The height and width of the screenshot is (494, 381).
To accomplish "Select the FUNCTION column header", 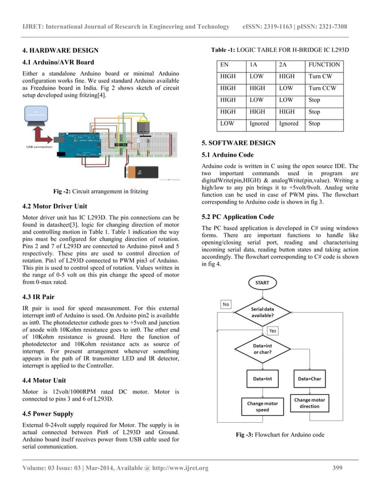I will [x=324, y=65].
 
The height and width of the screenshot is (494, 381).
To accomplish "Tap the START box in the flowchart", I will [x=262, y=282].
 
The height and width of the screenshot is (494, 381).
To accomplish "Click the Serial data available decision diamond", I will [x=262, y=312].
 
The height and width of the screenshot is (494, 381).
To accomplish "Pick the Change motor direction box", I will [x=309, y=403].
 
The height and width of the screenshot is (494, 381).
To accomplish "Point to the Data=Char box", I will [x=309, y=379].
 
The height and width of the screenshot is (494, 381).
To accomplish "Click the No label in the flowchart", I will [x=226, y=304].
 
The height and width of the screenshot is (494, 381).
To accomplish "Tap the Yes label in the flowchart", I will [x=272, y=330].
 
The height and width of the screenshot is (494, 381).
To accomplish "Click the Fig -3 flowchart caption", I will [x=280, y=434].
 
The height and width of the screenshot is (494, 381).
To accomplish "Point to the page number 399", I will [x=337, y=468].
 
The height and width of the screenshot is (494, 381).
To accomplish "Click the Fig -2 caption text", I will [x=100, y=191].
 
